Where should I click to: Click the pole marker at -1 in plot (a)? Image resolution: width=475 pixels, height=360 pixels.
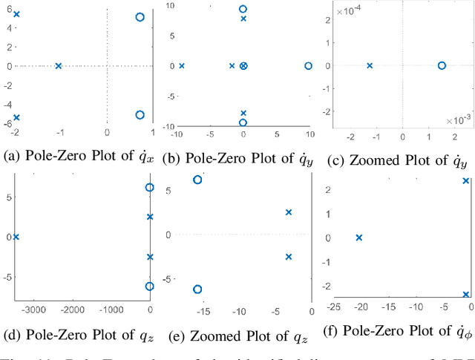(59, 66)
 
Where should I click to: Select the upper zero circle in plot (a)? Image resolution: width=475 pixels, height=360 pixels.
(140, 17)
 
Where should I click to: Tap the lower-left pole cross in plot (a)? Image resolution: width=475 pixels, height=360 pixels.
(16, 117)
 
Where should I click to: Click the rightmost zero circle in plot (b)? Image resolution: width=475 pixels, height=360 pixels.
(309, 66)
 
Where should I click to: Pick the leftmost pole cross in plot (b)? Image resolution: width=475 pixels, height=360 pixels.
(181, 66)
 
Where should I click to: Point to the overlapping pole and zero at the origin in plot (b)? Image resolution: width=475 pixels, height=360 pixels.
(243, 66)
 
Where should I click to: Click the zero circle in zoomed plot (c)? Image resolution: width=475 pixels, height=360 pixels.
(442, 65)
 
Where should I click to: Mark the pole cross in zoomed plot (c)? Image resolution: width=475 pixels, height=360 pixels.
(370, 65)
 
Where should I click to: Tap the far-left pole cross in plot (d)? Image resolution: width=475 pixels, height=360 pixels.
(16, 237)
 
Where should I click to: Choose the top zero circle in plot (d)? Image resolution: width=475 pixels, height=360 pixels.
(150, 188)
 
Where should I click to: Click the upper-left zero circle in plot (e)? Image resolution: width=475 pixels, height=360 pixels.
(197, 180)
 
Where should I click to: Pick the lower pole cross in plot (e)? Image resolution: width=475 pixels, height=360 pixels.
(289, 257)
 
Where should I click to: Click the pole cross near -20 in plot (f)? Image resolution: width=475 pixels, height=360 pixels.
(359, 238)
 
